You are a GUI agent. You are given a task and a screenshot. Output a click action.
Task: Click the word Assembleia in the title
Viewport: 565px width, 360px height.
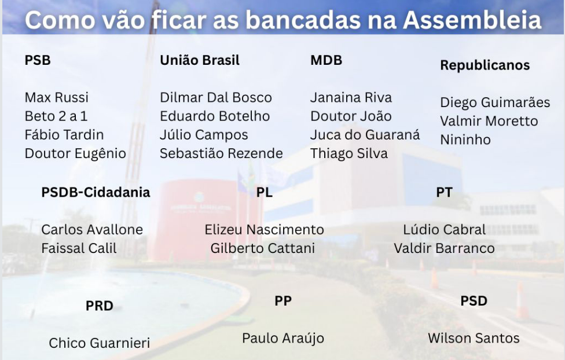472,20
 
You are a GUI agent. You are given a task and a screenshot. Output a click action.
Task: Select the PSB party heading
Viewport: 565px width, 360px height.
38,60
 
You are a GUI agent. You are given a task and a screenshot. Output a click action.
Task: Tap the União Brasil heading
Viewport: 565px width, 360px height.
200,60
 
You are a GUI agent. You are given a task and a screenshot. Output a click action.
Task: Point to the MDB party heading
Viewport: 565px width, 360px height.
326,60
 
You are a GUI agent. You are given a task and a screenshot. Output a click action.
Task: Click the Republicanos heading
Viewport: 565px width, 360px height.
485,65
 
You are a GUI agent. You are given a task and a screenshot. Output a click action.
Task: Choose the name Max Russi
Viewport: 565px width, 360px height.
57,97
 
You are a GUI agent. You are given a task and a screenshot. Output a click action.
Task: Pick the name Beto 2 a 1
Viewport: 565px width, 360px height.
56,116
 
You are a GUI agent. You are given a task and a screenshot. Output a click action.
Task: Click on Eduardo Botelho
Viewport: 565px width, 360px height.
215,116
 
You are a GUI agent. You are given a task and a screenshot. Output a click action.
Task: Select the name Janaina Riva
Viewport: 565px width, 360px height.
351,97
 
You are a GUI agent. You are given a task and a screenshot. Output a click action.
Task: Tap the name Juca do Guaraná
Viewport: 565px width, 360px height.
365,135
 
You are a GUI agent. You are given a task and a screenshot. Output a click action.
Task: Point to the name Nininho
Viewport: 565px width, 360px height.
465,139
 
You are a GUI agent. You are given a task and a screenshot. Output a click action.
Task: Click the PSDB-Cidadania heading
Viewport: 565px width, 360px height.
96,192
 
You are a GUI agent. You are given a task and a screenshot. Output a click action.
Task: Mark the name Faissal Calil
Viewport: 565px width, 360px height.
79,248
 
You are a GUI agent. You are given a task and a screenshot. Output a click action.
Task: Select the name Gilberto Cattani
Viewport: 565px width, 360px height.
262,248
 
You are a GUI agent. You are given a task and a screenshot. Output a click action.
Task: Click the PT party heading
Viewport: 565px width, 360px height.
444,192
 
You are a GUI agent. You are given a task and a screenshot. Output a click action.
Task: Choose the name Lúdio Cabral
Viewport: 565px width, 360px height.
444,230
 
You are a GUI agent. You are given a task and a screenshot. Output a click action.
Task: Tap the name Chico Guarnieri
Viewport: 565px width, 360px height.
100,343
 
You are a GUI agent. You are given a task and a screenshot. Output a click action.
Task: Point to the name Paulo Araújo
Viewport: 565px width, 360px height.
283,338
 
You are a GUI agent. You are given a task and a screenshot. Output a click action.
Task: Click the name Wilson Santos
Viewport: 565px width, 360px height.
474,338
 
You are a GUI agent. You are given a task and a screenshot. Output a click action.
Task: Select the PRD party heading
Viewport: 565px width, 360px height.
100,306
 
